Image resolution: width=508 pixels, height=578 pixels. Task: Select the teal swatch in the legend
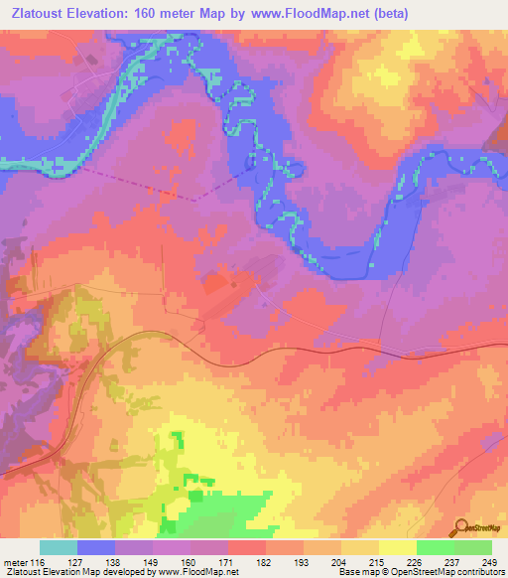(x=58, y=547)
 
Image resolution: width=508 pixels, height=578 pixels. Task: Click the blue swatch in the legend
(x=95, y=547)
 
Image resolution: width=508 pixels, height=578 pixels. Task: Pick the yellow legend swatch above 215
(x=359, y=547)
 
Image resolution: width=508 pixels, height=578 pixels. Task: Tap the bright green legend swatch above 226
(x=435, y=547)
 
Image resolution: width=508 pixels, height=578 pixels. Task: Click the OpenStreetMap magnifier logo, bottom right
(x=462, y=529)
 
